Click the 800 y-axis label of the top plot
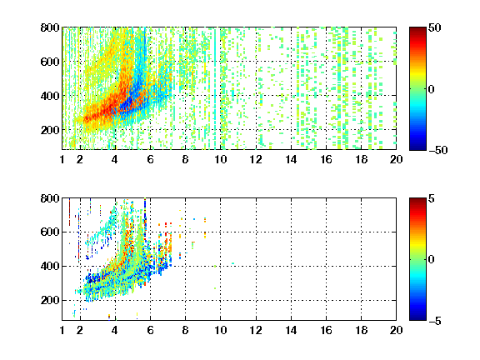point(50,27)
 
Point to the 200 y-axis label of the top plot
point(50,130)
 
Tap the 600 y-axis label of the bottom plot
point(50,232)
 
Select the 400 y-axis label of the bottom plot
point(50,266)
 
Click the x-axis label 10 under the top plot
point(220,159)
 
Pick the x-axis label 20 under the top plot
point(396,159)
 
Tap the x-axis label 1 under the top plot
point(62,159)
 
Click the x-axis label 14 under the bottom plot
point(291,330)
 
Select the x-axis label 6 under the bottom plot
point(150,330)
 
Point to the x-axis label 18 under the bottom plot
point(361,330)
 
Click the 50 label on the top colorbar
point(435,27)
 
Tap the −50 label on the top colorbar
point(438,150)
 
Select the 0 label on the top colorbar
point(432,89)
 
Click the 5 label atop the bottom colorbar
point(432,198)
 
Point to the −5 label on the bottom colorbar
point(435,321)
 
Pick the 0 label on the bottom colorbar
point(432,260)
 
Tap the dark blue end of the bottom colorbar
point(417,317)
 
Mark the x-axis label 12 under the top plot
point(256,159)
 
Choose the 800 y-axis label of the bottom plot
point(50,198)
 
